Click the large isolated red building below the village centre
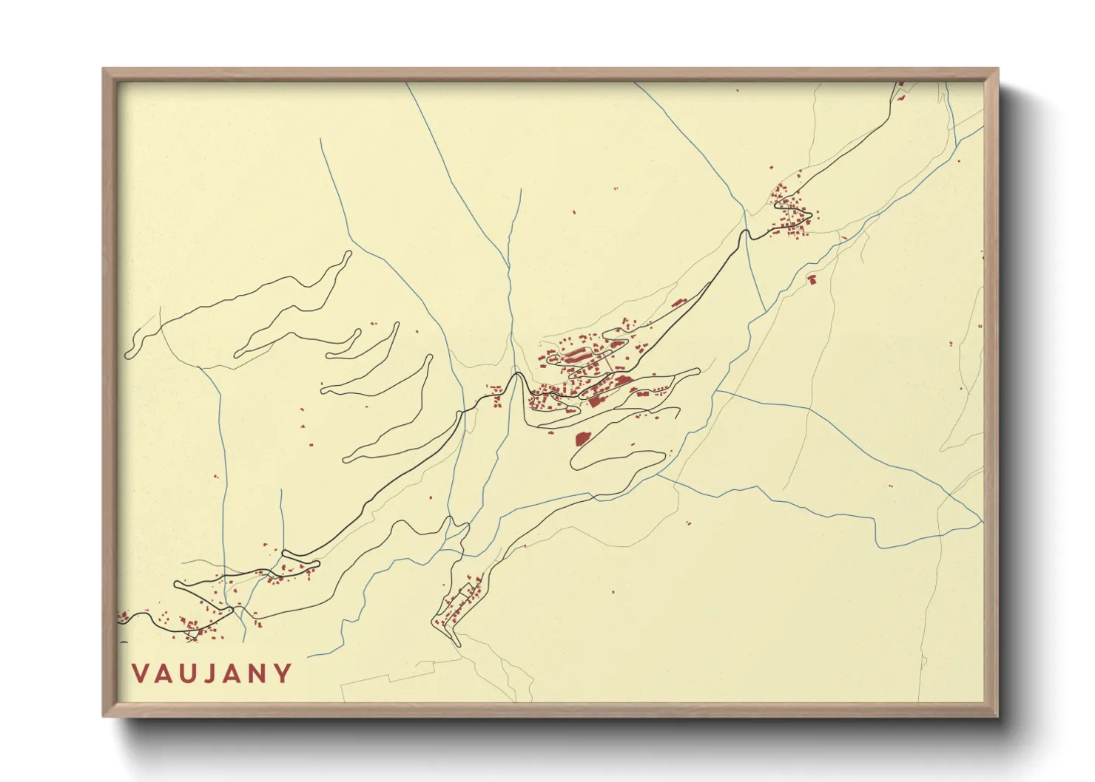[x=582, y=439]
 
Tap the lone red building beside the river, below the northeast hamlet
[x=810, y=280]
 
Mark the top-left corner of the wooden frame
[x=104, y=69]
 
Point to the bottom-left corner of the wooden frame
[x=104, y=716]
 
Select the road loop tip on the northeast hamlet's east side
[x=811, y=216]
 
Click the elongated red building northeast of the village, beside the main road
[x=678, y=302]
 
